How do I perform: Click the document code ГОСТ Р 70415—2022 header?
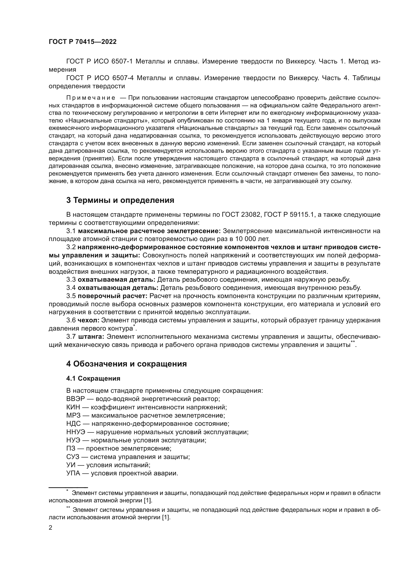pyautogui.click(x=83, y=42)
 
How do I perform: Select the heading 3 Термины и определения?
pyautogui.click(x=120, y=200)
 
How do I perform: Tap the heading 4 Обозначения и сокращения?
pyautogui.click(x=126, y=364)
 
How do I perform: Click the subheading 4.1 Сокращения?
pyautogui.click(x=93, y=378)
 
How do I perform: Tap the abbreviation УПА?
pyautogui.click(x=73, y=473)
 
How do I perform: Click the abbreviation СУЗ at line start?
pyautogui.click(x=73, y=457)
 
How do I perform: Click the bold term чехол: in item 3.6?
pyautogui.click(x=88, y=320)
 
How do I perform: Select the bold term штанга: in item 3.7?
pyautogui.click(x=91, y=337)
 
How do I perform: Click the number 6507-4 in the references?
pyautogui.click(x=122, y=78)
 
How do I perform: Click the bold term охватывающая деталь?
pyautogui.click(x=118, y=288)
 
